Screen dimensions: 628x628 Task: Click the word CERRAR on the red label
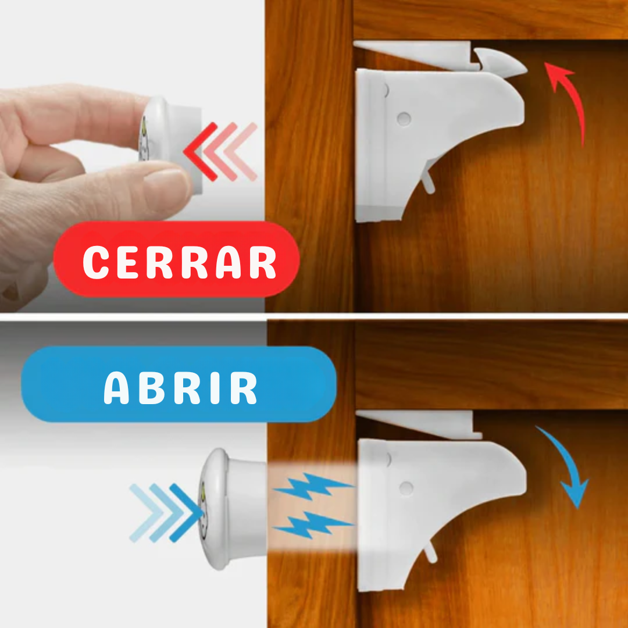pyautogui.click(x=179, y=263)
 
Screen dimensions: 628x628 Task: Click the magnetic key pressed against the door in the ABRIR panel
pyautogui.click(x=233, y=509)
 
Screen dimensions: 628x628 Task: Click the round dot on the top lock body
pyautogui.click(x=402, y=119)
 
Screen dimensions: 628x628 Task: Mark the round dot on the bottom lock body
pyautogui.click(x=406, y=487)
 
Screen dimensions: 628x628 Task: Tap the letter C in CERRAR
pyautogui.click(x=96, y=263)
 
